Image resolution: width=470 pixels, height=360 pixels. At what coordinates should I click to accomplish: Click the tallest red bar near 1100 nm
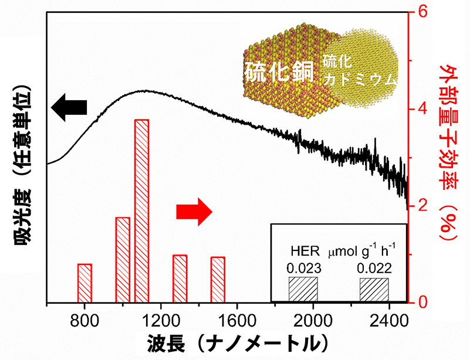(x=141, y=211)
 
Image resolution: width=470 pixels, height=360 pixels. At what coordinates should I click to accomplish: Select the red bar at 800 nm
(x=84, y=283)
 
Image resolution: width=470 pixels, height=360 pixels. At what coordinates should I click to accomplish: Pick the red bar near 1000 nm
(x=123, y=260)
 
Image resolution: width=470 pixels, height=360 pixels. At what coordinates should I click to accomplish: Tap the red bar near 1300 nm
(x=180, y=279)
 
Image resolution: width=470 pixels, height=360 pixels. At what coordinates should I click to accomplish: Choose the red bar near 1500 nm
(x=218, y=280)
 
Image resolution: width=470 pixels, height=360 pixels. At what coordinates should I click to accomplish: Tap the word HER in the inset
(x=305, y=253)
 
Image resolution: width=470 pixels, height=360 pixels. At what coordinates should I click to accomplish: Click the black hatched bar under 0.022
(x=374, y=290)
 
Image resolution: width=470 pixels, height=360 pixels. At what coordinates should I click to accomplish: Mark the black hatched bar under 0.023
(x=303, y=290)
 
